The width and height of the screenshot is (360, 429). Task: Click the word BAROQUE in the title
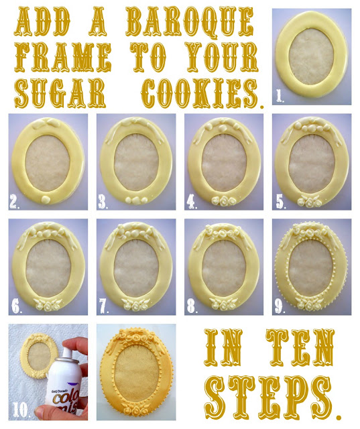(189, 23)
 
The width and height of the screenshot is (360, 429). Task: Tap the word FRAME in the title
(62, 57)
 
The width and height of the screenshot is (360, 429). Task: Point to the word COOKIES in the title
(200, 93)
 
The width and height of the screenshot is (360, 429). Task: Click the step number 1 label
(280, 96)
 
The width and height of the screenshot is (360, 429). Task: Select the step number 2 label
(14, 202)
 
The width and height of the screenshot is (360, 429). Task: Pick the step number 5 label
(281, 202)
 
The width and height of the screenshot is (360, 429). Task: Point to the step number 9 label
(280, 307)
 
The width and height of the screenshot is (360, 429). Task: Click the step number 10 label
(20, 410)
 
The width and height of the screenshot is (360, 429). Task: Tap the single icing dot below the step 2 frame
(46, 200)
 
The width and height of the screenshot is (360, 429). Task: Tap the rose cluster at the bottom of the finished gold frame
(136, 409)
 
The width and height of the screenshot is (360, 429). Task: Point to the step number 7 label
(103, 306)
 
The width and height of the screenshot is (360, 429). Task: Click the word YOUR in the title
(221, 56)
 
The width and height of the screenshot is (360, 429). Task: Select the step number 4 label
(192, 202)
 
